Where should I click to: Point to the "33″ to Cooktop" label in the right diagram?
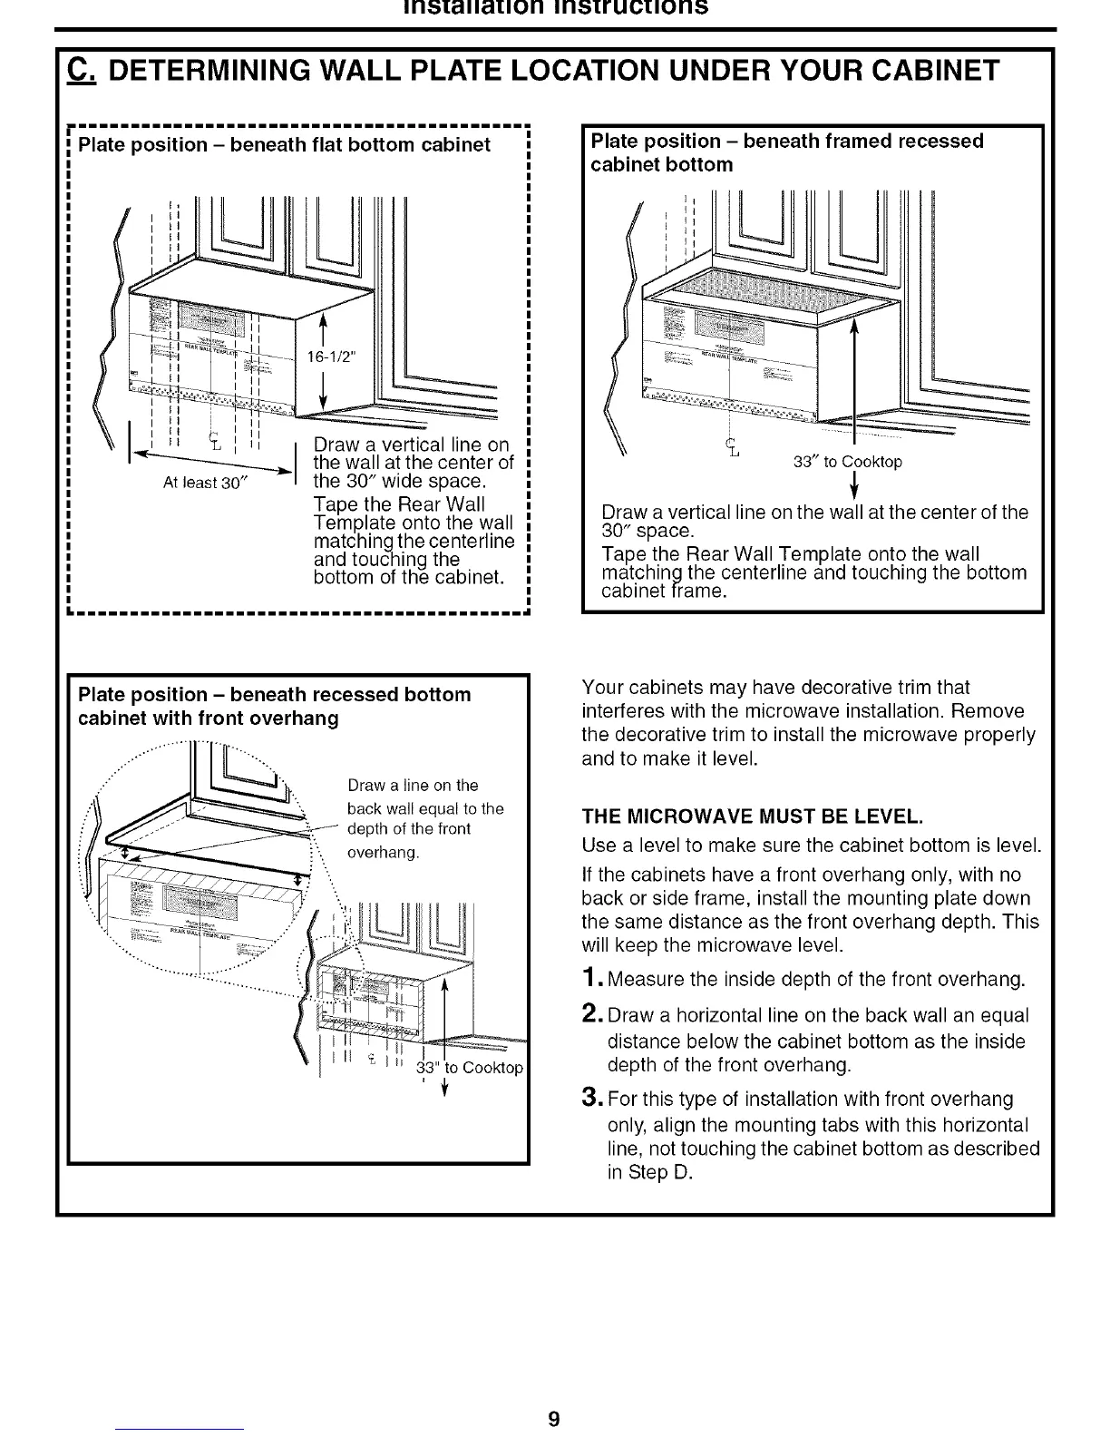847,463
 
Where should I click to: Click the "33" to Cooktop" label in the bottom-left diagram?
469,1068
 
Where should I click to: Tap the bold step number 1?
589,980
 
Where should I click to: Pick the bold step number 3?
590,1099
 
